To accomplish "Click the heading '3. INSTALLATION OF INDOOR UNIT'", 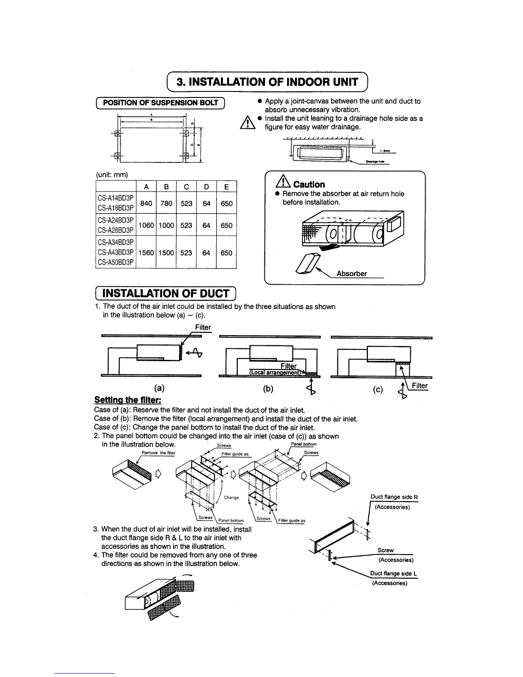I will (268, 82).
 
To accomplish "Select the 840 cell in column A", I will (146, 203).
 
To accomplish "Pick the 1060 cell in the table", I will (146, 225).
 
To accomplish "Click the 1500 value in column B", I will (166, 253).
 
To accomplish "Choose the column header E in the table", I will (226, 187).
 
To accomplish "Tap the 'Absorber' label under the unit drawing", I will (351, 274).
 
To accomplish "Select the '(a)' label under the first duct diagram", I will (159, 388).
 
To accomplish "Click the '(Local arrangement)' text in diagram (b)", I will (276, 372).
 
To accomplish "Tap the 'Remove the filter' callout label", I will (158, 453).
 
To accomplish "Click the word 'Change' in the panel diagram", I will (231, 497).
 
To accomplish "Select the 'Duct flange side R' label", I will (394, 497).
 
